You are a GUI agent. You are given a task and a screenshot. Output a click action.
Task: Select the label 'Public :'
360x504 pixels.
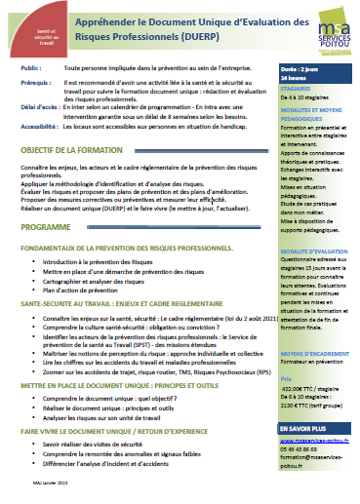click(x=31, y=71)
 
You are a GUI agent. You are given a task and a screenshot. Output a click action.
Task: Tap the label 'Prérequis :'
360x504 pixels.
click(x=35, y=86)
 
